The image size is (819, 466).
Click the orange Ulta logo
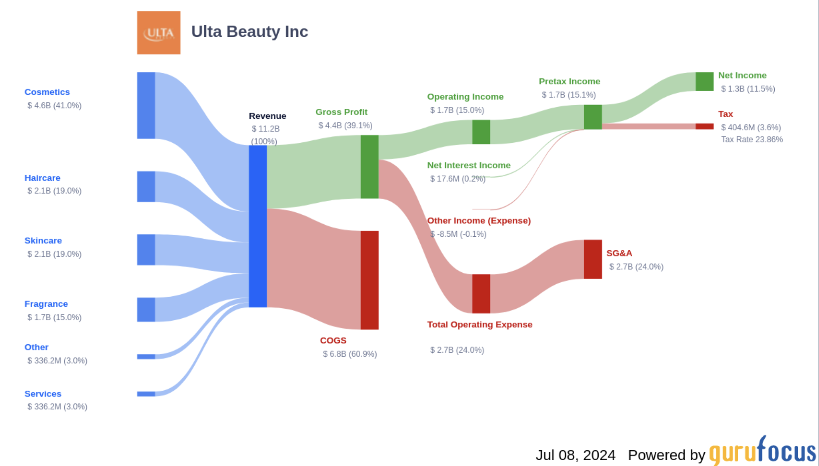point(159,33)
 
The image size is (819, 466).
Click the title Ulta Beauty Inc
point(249,32)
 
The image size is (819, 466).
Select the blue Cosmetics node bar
point(146,106)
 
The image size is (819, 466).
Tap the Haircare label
point(42,178)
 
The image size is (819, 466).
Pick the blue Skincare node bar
point(146,250)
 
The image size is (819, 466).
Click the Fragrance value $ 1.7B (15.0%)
point(54,317)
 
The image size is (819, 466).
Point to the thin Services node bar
point(146,394)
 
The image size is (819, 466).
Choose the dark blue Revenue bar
point(258,226)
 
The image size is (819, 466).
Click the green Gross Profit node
point(369,167)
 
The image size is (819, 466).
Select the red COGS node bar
point(369,280)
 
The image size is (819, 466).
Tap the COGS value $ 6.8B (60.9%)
point(350,354)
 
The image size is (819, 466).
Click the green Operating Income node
point(481,132)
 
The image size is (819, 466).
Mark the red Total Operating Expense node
point(481,294)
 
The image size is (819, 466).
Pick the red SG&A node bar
point(593,259)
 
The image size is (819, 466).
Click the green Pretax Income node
point(593,117)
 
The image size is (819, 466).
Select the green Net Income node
point(704,82)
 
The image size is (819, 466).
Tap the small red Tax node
point(704,126)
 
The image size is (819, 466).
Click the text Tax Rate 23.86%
point(752,139)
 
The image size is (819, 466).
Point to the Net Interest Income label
point(469,166)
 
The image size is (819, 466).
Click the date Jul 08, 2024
point(575,455)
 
